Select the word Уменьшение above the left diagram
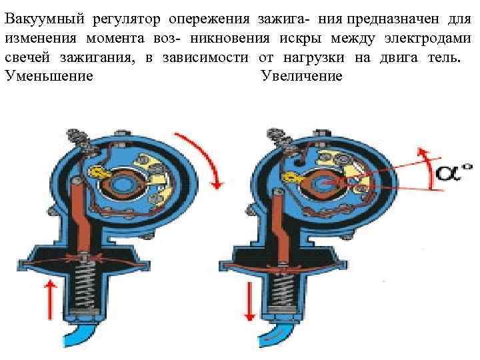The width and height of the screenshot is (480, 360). tap(48, 76)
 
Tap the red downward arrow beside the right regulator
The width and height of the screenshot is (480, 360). tap(249, 297)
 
